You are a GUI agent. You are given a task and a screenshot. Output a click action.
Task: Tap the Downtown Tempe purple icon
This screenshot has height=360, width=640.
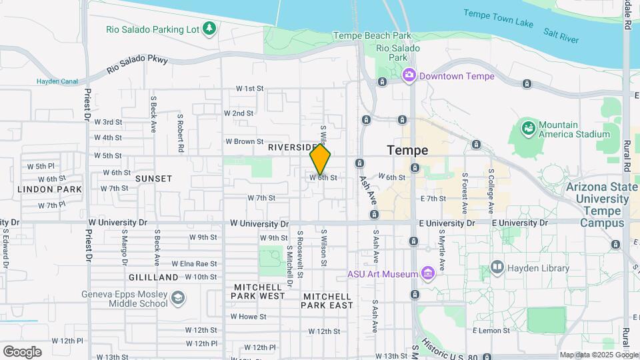[x=409, y=76]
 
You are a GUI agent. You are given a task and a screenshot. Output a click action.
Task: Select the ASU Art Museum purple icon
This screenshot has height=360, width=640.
[x=428, y=274]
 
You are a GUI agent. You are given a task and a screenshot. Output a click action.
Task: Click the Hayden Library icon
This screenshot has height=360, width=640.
[x=497, y=268]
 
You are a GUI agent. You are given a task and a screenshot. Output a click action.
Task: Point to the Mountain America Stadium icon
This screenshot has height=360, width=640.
[x=529, y=127]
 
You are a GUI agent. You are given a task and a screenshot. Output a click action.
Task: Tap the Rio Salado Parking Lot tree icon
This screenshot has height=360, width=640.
[x=209, y=28]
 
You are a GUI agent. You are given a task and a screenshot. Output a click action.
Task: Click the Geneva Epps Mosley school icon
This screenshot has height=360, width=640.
[x=178, y=297]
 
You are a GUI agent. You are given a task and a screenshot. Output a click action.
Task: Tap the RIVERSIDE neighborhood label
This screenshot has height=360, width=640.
[x=293, y=147]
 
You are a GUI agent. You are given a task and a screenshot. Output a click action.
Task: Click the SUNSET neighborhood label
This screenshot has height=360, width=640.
[x=153, y=179]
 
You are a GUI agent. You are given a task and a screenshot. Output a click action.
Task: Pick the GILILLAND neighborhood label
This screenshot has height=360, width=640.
[x=153, y=277]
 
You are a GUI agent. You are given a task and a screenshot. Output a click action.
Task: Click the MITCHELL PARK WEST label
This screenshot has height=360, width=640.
[x=259, y=291]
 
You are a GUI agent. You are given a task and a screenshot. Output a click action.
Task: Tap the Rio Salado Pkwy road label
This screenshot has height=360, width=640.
[x=138, y=65]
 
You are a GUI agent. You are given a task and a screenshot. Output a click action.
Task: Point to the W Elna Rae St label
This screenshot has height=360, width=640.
[x=194, y=263]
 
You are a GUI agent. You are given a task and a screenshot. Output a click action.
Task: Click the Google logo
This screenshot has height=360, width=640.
[x=22, y=351]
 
